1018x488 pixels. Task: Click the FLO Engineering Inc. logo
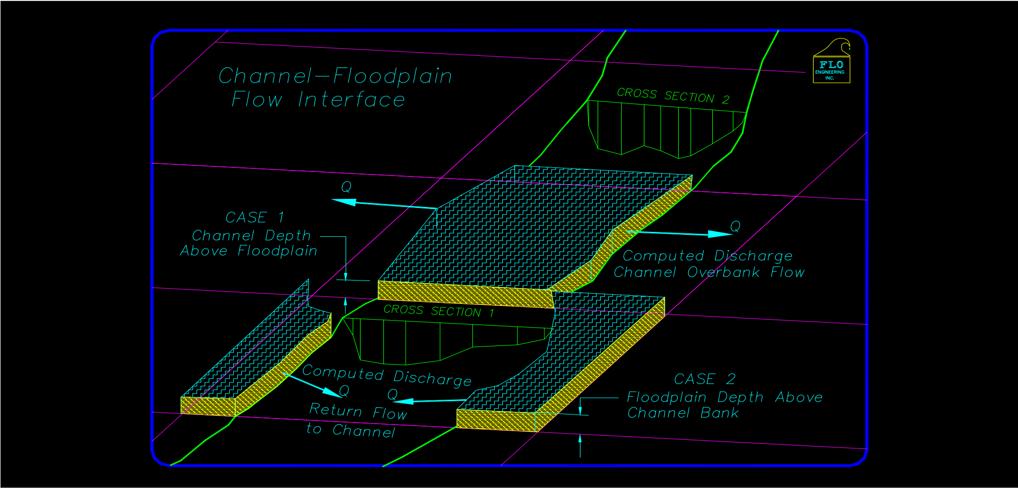(831, 63)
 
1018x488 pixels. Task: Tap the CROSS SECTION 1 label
(439, 311)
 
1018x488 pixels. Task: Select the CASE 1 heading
(254, 218)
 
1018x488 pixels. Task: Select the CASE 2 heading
(704, 379)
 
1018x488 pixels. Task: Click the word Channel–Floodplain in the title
(335, 76)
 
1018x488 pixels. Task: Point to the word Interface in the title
(351, 100)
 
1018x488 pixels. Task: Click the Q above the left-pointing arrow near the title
(346, 187)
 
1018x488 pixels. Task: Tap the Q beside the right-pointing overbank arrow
(735, 226)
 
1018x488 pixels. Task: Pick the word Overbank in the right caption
(723, 272)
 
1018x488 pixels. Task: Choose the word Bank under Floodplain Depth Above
(719, 413)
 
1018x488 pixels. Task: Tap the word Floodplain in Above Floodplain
(277, 251)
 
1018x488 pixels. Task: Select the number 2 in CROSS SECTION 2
(726, 99)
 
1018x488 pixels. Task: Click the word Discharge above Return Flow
(432, 378)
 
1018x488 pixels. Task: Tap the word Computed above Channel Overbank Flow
(663, 256)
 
